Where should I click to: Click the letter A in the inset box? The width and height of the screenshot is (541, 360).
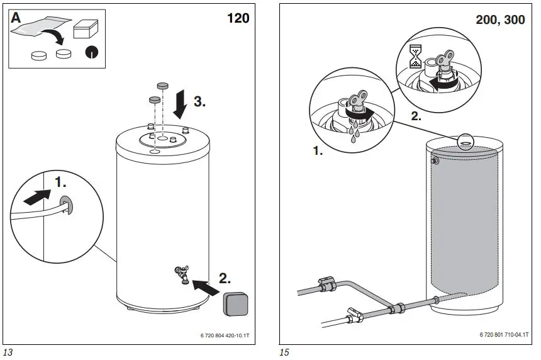tap(17, 19)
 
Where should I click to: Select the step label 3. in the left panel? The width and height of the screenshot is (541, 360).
tap(199, 101)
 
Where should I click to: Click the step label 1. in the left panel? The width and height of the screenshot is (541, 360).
tap(60, 183)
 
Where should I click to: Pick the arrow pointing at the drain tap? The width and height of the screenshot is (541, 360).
tap(206, 287)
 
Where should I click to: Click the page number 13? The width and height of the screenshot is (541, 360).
tap(8, 352)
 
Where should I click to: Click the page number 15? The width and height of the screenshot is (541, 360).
tap(284, 352)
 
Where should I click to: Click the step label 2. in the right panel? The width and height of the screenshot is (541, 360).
tap(416, 115)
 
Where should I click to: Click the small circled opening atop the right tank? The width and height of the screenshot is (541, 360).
tap(466, 142)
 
